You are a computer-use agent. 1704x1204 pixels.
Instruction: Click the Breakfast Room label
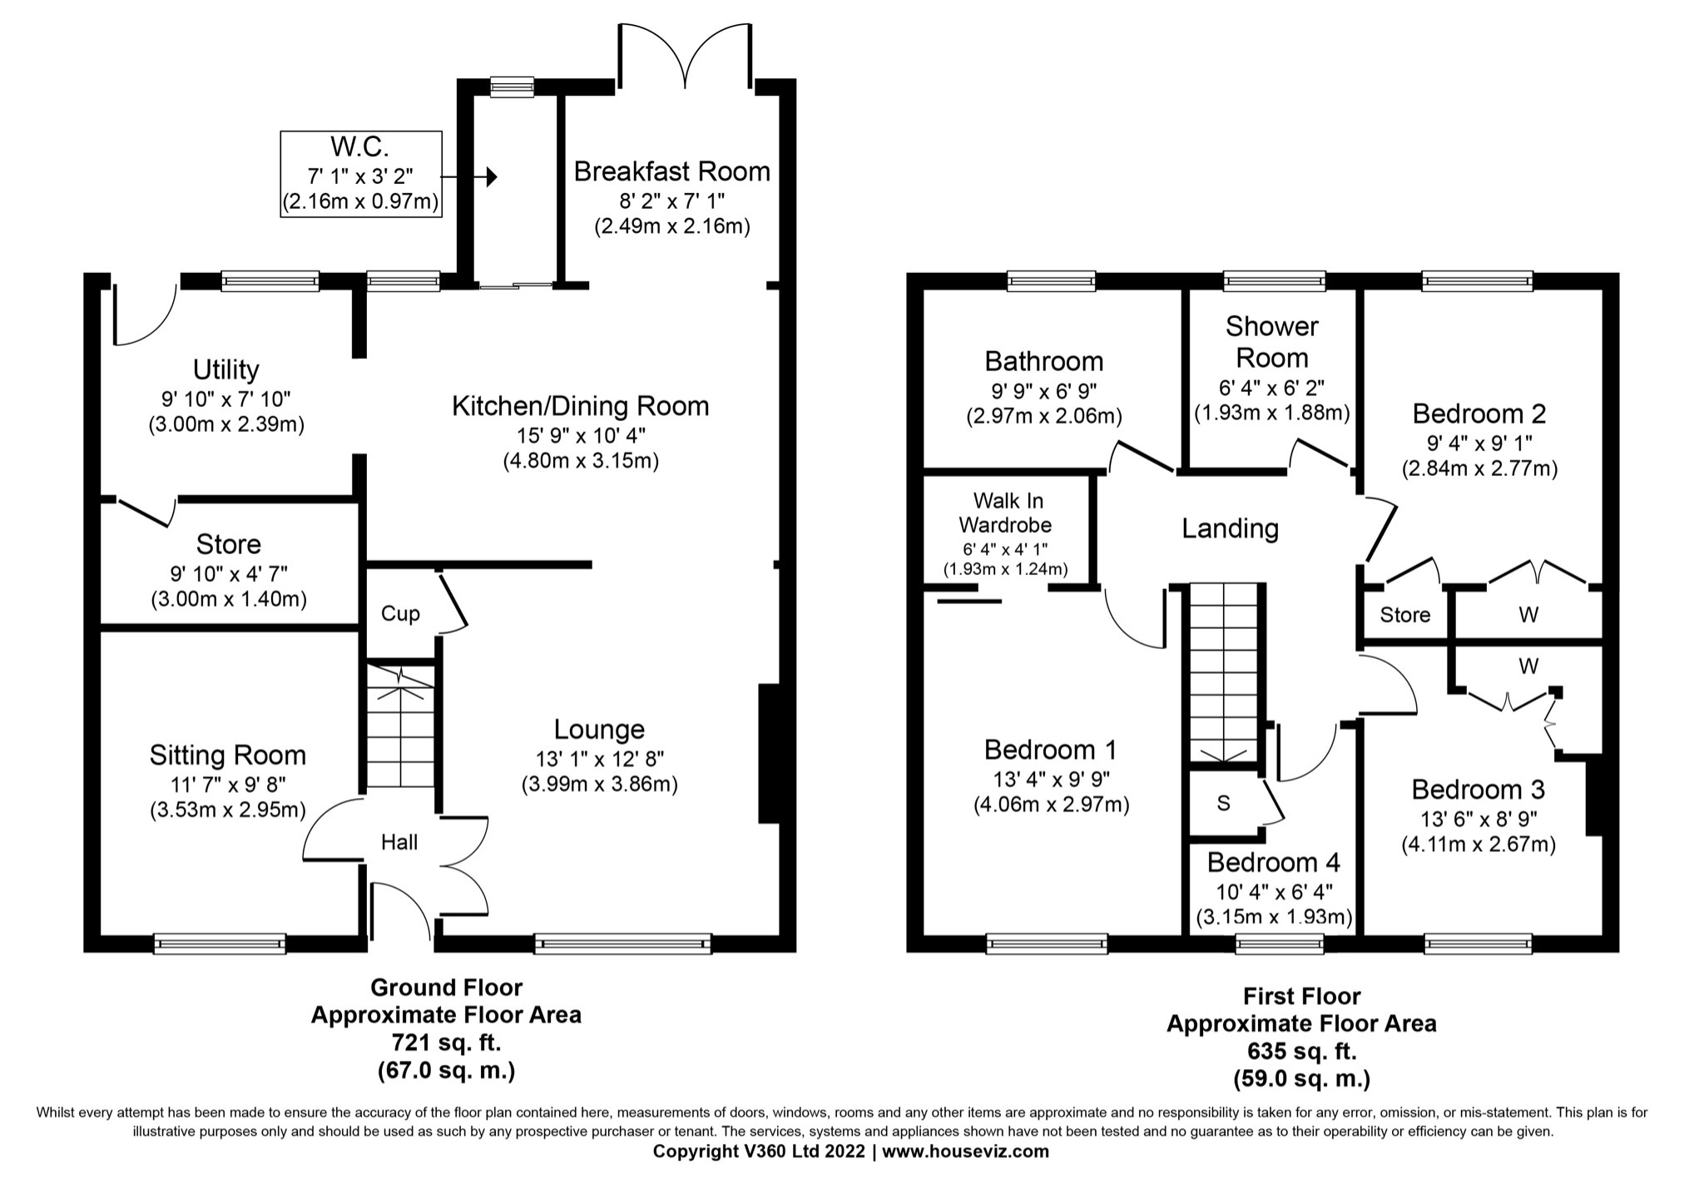pyautogui.click(x=671, y=171)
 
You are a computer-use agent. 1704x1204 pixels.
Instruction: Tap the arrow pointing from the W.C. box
pyautogui.click(x=469, y=177)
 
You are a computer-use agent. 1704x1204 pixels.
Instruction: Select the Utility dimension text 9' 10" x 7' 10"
pyautogui.click(x=226, y=399)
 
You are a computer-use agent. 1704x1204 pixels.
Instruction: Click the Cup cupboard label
pyautogui.click(x=400, y=614)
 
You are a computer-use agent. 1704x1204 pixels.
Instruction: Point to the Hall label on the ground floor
pyautogui.click(x=399, y=843)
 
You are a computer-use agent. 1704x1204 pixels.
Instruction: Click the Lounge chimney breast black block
pyautogui.click(x=768, y=754)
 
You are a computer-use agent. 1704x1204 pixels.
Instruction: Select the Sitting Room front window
pyautogui.click(x=220, y=944)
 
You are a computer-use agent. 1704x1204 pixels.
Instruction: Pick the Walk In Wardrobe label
pyautogui.click(x=1008, y=513)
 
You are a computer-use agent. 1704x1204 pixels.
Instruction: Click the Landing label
pyautogui.click(x=1230, y=528)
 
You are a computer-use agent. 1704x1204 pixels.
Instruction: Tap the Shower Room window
pyautogui.click(x=1274, y=281)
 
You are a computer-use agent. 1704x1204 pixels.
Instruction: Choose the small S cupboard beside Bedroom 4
pyautogui.click(x=1223, y=804)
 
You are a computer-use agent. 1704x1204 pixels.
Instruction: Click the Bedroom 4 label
pyautogui.click(x=1273, y=862)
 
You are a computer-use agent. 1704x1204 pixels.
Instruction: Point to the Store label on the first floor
pyautogui.click(x=1404, y=615)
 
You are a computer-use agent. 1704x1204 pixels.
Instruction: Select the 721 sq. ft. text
pyautogui.click(x=446, y=1042)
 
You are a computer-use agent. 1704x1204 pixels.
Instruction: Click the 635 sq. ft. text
pyautogui.click(x=1301, y=1051)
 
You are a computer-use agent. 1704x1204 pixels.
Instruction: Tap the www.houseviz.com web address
pyautogui.click(x=965, y=1152)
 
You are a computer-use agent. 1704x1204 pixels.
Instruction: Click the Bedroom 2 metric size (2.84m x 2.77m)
pyautogui.click(x=1479, y=468)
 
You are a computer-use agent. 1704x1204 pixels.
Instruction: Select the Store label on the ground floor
pyautogui.click(x=229, y=544)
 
